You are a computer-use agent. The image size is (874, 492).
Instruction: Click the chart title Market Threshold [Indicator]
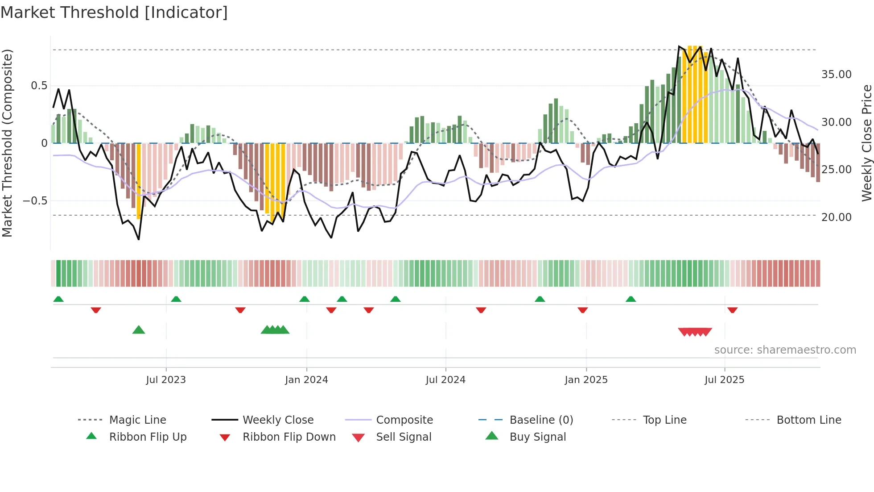coord(114,13)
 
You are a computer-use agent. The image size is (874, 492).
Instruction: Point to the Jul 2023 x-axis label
coord(166,380)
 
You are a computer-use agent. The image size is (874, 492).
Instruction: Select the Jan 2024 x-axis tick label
coord(306,380)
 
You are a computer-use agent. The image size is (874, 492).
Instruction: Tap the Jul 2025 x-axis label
coord(724,380)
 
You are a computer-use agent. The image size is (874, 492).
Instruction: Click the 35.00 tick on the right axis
coord(836,75)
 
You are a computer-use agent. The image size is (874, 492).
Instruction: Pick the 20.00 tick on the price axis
coord(836,217)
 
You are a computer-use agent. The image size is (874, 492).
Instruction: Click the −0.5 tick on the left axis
coord(35,201)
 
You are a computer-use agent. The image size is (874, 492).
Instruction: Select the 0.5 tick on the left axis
coord(39,86)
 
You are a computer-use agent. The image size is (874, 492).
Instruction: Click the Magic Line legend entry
coord(137,420)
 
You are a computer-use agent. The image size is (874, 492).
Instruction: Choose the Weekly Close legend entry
coord(278,420)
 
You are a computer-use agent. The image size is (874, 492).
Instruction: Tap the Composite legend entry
coord(404,420)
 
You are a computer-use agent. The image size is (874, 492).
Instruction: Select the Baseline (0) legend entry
coord(541,420)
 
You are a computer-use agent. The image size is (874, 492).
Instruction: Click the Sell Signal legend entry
coord(404,437)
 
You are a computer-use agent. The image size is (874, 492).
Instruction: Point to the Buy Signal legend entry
coord(537,437)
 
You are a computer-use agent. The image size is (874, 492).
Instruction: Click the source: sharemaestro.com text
coord(785,350)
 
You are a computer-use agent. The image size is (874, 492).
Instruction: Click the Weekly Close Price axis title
coord(866,143)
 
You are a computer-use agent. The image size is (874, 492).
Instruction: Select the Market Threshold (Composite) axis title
coord(7,143)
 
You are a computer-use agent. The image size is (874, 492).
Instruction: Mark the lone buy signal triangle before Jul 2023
coord(139,330)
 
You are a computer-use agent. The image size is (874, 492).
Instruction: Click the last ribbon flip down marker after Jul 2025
coord(732,310)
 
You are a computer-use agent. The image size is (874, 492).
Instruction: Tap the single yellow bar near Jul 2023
coord(139,181)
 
